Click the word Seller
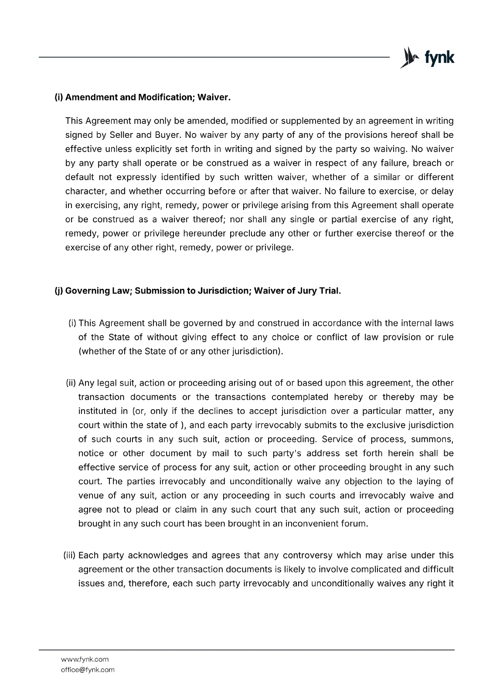coord(121,135)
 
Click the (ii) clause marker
coord(71,383)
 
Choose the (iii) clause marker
coord(70,555)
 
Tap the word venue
coord(91,495)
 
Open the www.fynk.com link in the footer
coord(85,659)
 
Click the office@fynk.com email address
coord(88,670)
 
